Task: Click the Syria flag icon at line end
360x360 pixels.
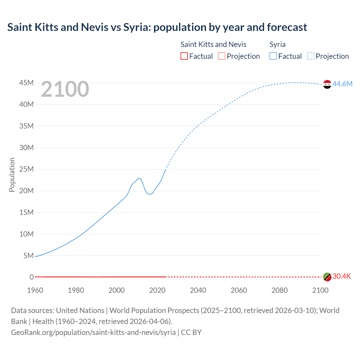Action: click(327, 84)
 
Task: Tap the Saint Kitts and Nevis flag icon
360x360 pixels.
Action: click(327, 277)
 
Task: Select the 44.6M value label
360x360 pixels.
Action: click(342, 84)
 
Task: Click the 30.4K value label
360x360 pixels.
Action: click(342, 276)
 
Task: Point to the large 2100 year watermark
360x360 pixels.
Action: click(65, 89)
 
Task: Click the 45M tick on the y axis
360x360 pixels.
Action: click(26, 83)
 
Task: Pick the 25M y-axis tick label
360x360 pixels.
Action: click(26, 169)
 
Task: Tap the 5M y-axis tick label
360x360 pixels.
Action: click(28, 256)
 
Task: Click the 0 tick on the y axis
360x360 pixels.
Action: click(32, 277)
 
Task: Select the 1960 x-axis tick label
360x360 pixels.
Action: click(35, 290)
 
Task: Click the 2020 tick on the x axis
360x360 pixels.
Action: click(157, 290)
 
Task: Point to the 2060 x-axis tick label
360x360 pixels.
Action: click(239, 290)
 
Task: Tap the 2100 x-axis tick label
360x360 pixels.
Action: click(320, 290)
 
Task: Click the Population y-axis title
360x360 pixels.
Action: click(12, 175)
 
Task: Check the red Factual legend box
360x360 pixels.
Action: click(184, 56)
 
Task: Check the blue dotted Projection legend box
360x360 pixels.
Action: click(311, 56)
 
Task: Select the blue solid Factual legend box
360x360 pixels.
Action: click(273, 56)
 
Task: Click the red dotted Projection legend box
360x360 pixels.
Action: click(222, 56)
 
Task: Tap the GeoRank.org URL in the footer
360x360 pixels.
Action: click(93, 332)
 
